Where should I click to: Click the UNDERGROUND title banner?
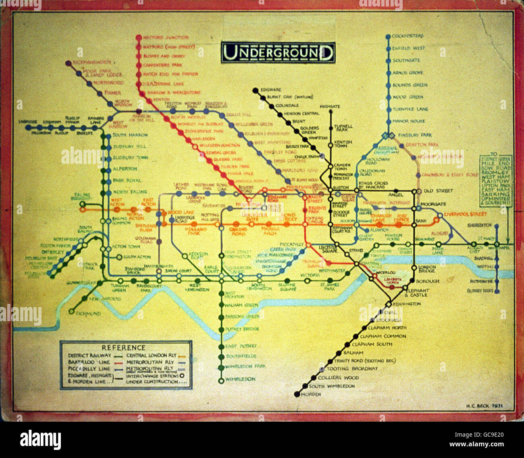coord(278,52)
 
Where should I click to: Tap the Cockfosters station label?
coord(408,36)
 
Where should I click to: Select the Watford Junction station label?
coord(165,38)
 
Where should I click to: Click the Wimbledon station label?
coord(240,379)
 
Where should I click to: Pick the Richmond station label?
coord(88,314)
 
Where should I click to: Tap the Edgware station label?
coord(271,90)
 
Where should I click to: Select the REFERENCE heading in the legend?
coord(123,347)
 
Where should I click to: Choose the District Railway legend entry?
coord(89,356)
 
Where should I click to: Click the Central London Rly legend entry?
coord(152,356)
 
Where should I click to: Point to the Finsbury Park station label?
coord(415,135)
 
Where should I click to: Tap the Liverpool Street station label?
coord(465,214)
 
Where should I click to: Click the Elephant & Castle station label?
coord(417,293)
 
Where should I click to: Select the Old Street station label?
coord(439,190)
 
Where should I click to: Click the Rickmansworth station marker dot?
coord(68,63)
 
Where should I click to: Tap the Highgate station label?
coord(330,107)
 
